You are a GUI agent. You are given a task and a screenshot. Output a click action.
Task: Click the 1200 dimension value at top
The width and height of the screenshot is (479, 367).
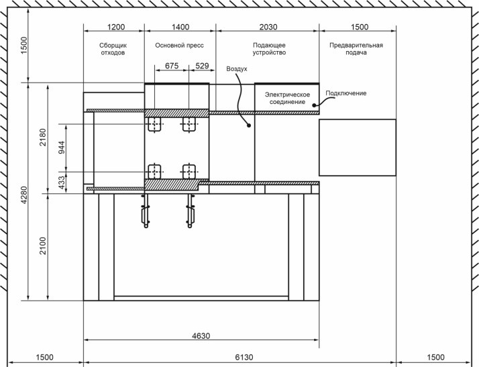[116, 27]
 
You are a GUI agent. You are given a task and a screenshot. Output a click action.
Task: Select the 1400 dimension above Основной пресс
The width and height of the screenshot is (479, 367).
[180, 27]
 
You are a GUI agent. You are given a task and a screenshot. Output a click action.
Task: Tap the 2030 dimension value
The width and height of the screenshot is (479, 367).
[268, 27]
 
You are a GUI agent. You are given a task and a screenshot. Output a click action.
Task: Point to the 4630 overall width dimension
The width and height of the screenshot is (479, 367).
[201, 336]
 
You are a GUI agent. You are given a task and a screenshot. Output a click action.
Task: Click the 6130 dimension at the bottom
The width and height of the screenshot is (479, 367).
[244, 357]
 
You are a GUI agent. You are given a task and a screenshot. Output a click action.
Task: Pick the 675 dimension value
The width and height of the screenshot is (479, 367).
[172, 66]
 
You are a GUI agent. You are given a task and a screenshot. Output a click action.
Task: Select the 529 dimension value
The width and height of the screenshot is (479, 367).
[202, 66]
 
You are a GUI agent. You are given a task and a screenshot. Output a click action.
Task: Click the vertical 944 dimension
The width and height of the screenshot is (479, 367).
[62, 148]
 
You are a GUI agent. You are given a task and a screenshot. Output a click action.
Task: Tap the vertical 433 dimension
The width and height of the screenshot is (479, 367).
[62, 182]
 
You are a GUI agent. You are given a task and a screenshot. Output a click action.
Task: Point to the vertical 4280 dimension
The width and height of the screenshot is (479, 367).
[24, 195]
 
